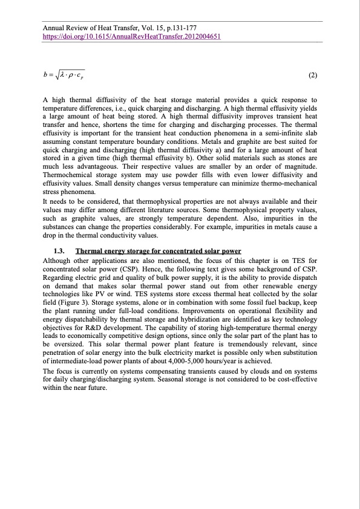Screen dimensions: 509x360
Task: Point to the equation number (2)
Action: click(313, 76)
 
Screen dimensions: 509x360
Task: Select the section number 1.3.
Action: click(60, 251)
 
